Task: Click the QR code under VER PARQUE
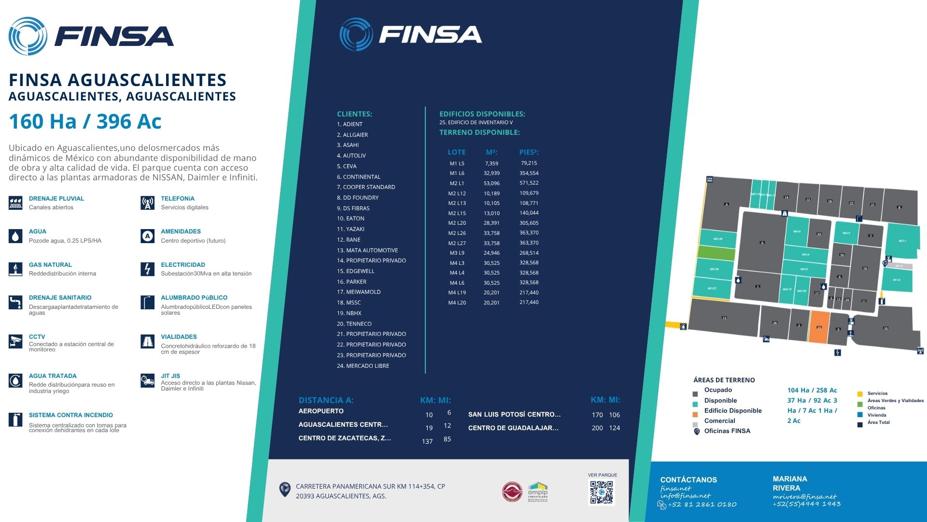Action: click(602, 493)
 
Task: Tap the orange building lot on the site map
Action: click(819, 327)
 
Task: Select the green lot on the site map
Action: click(716, 253)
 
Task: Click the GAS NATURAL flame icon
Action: click(15, 269)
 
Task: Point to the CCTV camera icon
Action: click(15, 341)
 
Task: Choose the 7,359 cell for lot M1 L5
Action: click(492, 163)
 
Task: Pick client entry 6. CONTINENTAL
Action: click(359, 177)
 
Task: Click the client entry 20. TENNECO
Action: click(354, 324)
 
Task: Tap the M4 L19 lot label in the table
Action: click(457, 292)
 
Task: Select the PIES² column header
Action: click(529, 152)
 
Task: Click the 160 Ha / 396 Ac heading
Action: click(85, 121)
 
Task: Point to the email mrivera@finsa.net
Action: click(804, 496)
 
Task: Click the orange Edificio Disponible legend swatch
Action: click(695, 414)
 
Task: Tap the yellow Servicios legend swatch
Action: click(860, 394)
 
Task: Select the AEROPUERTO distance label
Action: click(321, 411)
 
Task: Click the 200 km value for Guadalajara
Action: click(597, 428)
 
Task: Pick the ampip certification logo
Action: click(537, 492)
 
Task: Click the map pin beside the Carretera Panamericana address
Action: click(285, 489)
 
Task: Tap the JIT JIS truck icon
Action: click(147, 380)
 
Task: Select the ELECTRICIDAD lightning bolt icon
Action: click(147, 269)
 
